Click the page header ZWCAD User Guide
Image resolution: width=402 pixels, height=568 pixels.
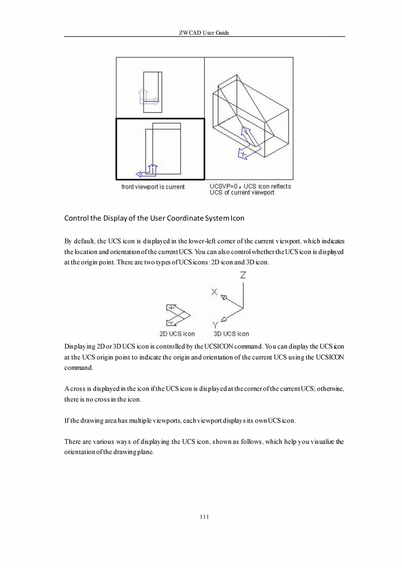204,33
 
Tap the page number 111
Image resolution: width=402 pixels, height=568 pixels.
204,517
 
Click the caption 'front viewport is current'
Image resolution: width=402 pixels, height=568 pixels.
153,187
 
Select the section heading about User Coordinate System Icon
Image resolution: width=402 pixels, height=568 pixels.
154,218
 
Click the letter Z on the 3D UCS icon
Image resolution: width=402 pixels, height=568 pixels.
243,275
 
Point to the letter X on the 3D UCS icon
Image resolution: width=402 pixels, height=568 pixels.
214,292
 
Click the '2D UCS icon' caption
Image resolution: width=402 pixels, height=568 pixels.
177,334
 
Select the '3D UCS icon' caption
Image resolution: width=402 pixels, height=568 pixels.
231,334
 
